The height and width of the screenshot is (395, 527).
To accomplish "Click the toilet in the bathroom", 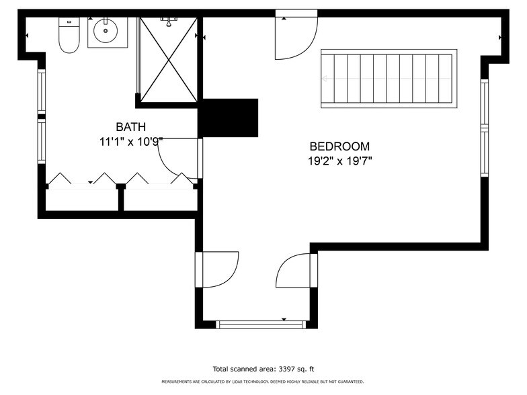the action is [x=69, y=35].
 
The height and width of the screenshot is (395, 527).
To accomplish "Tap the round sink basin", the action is [x=106, y=31].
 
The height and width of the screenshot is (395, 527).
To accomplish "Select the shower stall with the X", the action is [x=168, y=59].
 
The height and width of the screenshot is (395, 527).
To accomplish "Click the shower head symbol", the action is [x=169, y=21].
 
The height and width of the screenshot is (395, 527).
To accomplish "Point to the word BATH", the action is [x=130, y=127].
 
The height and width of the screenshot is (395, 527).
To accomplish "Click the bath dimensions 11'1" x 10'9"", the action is [x=131, y=141].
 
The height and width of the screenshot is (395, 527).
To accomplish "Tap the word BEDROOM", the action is [x=339, y=146].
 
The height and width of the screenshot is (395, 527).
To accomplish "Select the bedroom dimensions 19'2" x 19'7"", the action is [x=340, y=161].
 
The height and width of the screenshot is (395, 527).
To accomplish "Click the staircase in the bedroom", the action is [x=389, y=79].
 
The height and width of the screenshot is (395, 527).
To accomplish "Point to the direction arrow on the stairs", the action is [x=387, y=79].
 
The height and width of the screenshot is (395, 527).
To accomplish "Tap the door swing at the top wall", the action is [x=296, y=38].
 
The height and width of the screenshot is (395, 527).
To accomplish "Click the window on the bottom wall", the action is [x=261, y=324].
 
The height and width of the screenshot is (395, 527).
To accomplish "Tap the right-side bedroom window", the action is [x=484, y=128].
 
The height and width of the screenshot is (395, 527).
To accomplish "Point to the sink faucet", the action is [x=106, y=21].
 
